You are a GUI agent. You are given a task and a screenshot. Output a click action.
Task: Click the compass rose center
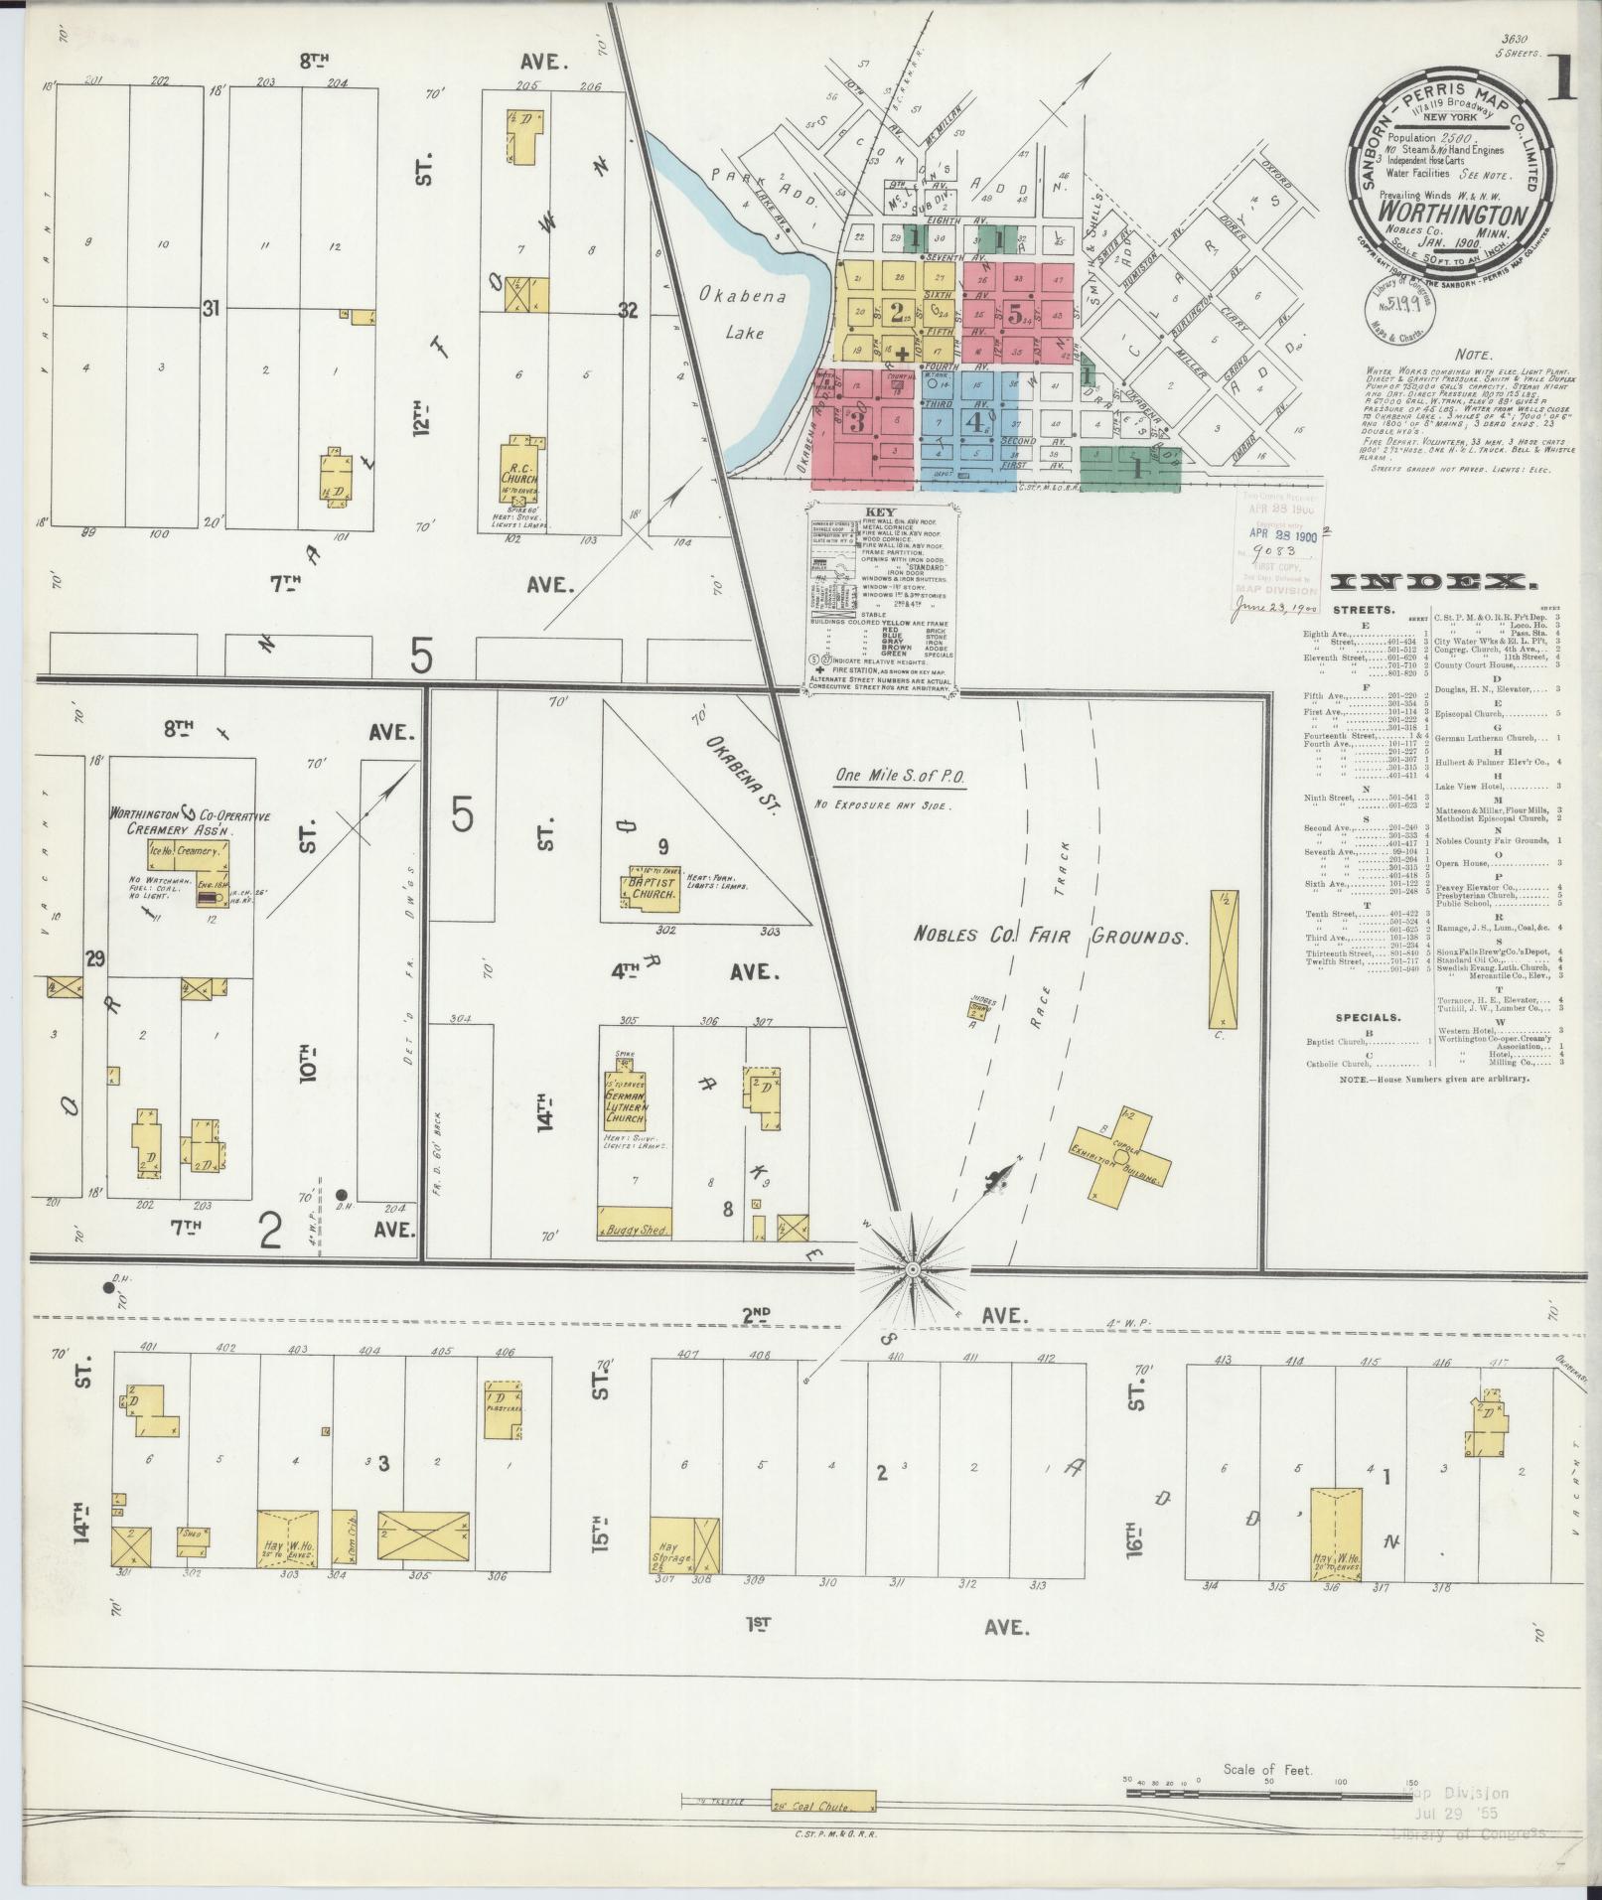[912, 1270]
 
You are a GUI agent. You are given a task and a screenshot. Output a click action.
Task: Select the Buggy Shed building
[635, 1223]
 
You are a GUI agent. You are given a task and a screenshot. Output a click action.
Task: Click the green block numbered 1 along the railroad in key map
[1129, 467]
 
